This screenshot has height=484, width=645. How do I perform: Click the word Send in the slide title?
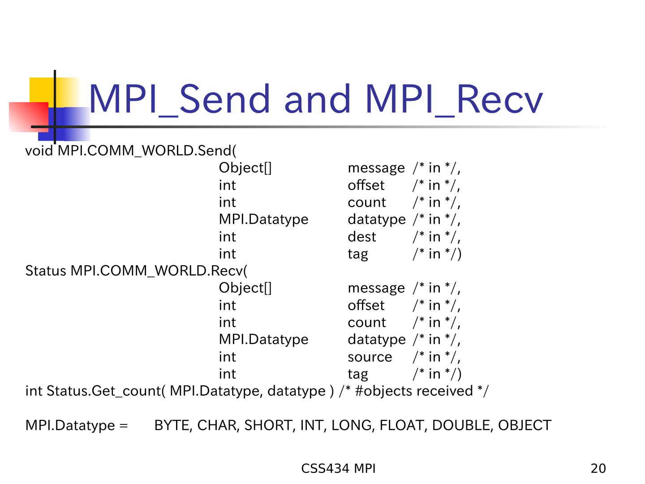[224, 99]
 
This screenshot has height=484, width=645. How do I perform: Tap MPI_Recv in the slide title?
[454, 99]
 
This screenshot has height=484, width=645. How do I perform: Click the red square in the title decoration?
[29, 117]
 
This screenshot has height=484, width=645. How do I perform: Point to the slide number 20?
[598, 468]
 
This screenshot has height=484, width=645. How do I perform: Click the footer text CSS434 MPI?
[338, 468]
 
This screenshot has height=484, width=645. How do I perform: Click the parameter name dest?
[362, 237]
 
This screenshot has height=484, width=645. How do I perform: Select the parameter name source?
[370, 357]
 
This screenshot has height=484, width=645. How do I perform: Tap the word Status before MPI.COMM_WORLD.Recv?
[46, 271]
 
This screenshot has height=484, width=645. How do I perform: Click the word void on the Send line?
[39, 151]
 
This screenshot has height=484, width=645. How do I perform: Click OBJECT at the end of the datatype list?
[525, 425]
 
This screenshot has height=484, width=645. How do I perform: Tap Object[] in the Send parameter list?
[245, 168]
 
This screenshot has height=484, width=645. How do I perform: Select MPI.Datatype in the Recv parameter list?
[263, 340]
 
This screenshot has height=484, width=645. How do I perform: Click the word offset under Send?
[366, 185]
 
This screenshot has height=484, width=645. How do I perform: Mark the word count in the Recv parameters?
[367, 323]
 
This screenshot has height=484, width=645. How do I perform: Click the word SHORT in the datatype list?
[268, 425]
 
